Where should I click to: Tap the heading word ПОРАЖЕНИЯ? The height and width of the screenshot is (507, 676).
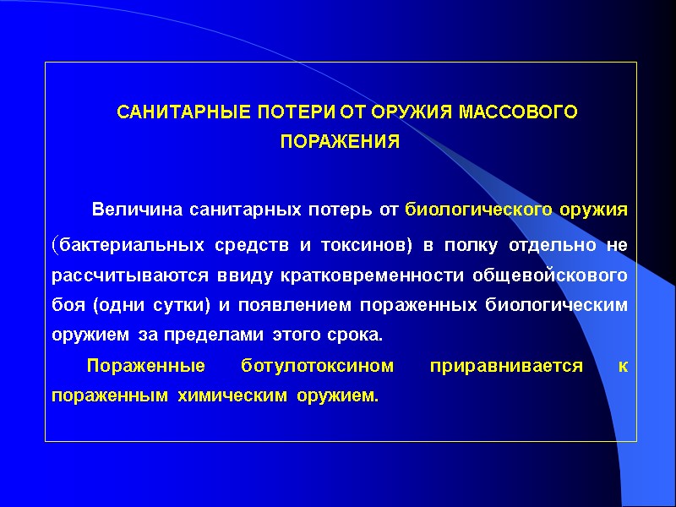[340, 142]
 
